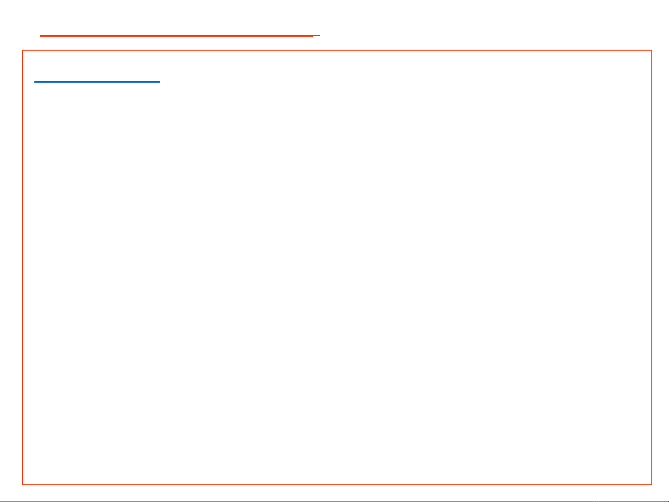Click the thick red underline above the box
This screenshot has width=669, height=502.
(176, 35)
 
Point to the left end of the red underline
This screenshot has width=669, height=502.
(41, 35)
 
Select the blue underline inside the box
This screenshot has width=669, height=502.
(97, 82)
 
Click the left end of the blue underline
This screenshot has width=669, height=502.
(35, 82)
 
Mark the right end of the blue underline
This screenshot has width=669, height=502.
(159, 82)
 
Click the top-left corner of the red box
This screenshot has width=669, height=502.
(23, 50)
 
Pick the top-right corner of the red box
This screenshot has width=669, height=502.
(652, 50)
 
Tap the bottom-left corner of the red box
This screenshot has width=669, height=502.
(23, 484)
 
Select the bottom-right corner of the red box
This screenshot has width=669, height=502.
(652, 484)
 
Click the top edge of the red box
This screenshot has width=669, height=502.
(337, 50)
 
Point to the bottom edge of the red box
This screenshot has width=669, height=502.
(337, 484)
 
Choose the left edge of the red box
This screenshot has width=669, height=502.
(23, 267)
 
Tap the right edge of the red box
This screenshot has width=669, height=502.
(652, 267)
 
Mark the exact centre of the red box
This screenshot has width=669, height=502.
(337, 267)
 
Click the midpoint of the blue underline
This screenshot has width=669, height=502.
(97, 82)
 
